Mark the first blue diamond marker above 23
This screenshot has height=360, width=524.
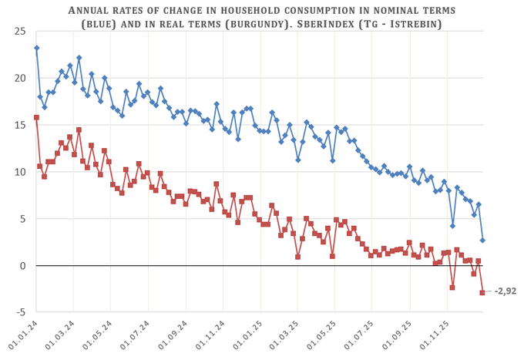point(36,48)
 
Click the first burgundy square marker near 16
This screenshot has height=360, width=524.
point(36,117)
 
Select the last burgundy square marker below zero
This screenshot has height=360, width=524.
point(482,293)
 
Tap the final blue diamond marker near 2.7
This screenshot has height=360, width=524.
point(482,241)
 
